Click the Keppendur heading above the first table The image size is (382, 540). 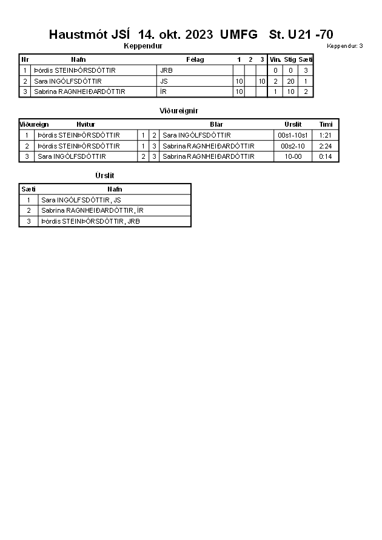142,46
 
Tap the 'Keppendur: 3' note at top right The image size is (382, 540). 344,46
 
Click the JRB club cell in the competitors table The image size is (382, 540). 167,70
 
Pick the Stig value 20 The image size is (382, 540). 290,81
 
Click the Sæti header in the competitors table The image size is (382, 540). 306,59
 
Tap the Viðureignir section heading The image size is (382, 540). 179,111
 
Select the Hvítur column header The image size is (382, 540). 85,124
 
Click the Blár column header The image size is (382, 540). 216,124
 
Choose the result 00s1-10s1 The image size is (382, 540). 293,135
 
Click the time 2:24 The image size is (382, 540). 326,146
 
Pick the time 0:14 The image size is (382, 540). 326,156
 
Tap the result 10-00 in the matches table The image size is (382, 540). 293,156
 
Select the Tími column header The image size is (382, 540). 326,124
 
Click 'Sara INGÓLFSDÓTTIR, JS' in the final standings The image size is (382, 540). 81,199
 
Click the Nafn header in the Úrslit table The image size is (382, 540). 115,189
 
